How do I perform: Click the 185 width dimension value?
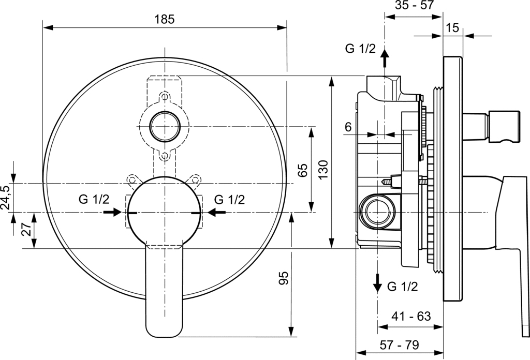tap(165, 19)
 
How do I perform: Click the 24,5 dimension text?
tap(6, 198)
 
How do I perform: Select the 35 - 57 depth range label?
tap(414, 6)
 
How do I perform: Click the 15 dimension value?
tap(452, 27)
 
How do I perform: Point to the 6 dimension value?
tap(348, 126)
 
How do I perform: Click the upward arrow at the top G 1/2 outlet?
tap(384, 58)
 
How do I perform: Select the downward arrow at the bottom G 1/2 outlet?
tap(378, 282)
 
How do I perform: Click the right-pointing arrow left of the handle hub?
tap(112, 212)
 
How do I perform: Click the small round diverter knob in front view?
tap(165, 125)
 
